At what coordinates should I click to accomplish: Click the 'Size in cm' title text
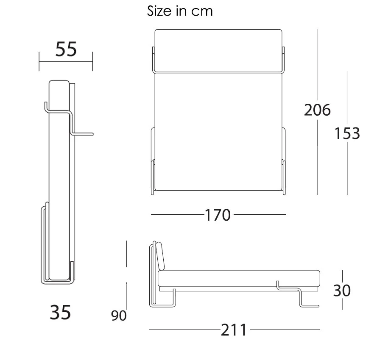click(x=180, y=11)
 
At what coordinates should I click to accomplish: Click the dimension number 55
click(x=66, y=50)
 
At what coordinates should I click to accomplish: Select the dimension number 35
click(x=60, y=313)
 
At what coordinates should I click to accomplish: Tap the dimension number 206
click(x=317, y=110)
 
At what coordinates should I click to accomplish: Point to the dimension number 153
click(x=347, y=133)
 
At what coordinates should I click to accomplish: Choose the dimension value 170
click(x=218, y=215)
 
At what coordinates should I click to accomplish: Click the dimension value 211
click(x=234, y=330)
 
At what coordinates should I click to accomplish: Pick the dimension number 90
click(x=119, y=316)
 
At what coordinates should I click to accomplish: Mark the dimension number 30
click(x=342, y=291)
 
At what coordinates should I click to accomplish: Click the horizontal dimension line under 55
click(x=66, y=62)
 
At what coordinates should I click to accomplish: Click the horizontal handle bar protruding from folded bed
click(x=83, y=134)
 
